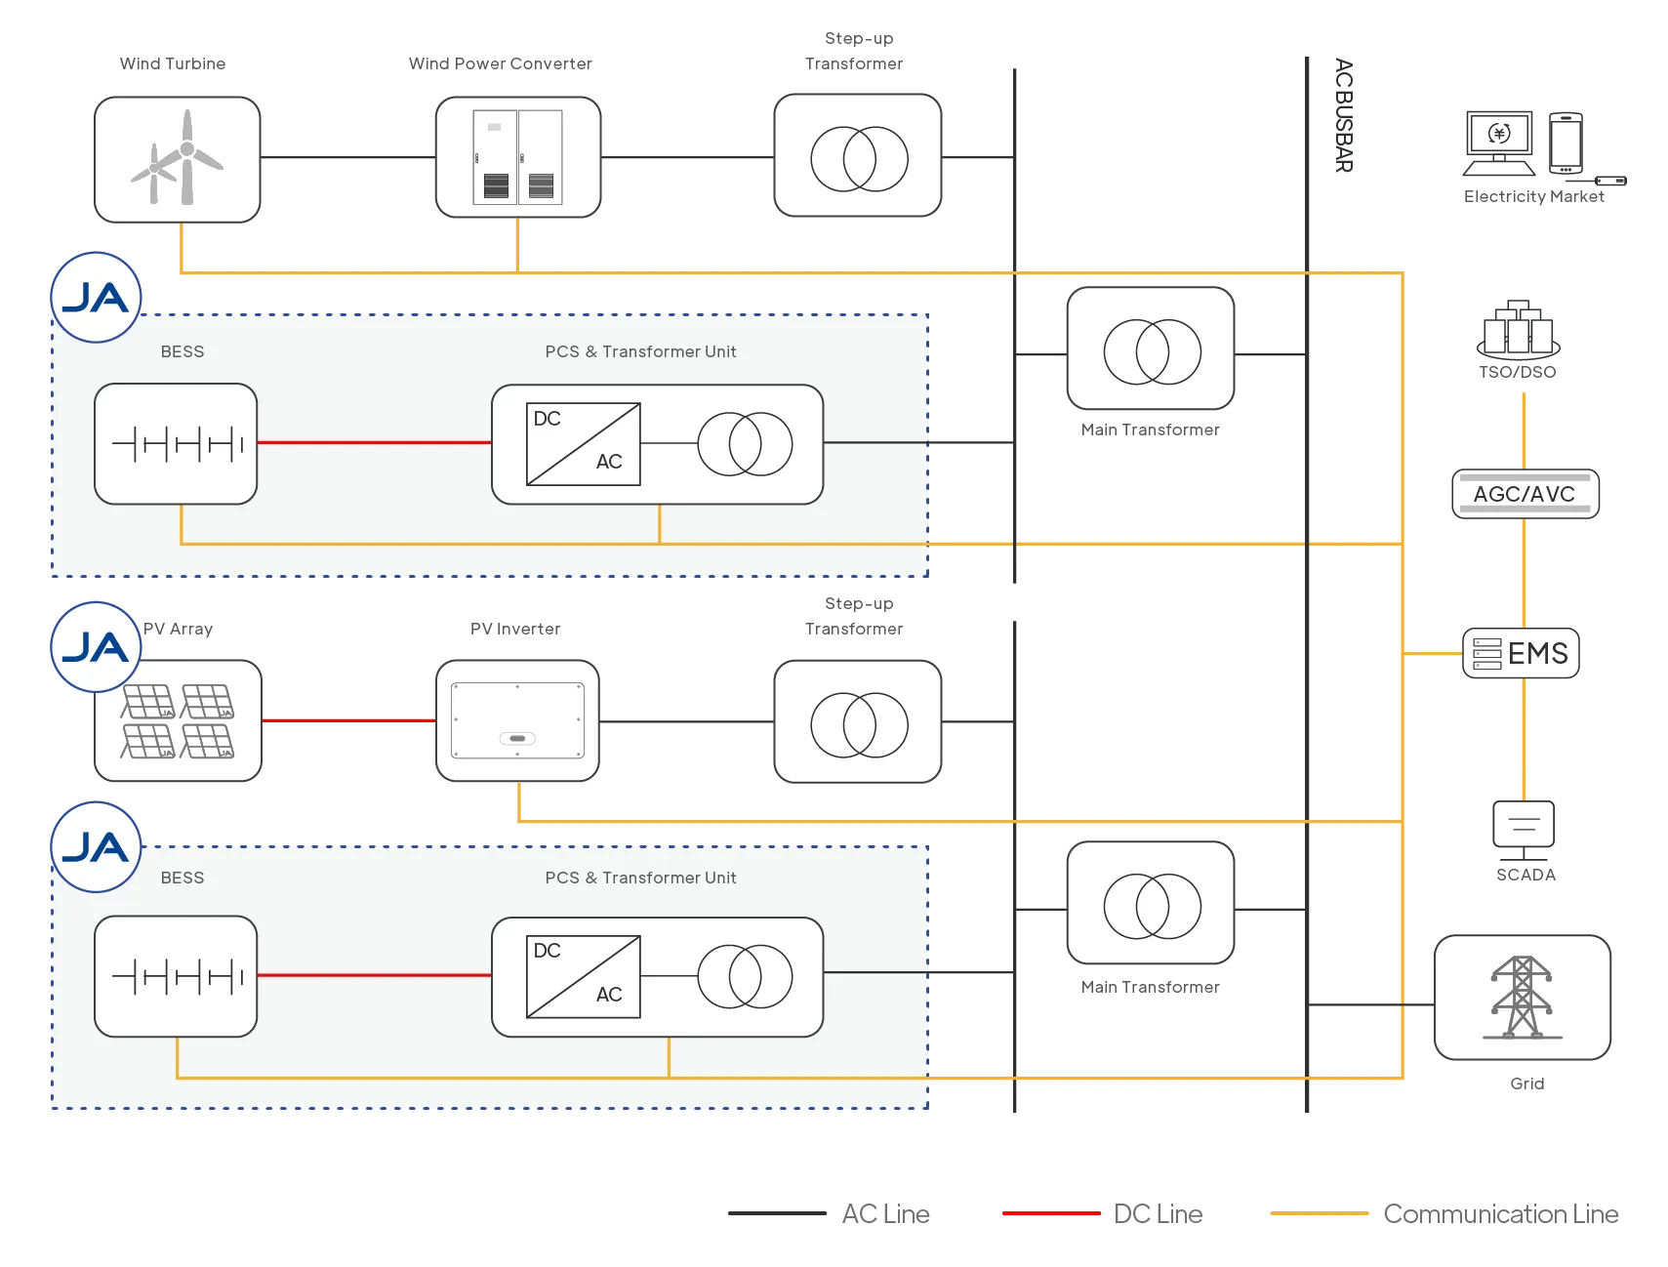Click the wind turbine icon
(178, 159)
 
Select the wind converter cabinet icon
(517, 157)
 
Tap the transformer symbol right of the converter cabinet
(859, 158)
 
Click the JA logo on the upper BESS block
(96, 298)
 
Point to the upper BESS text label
(183, 351)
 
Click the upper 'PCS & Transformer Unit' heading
(640, 351)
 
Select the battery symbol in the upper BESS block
(177, 444)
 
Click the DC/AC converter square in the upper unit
(583, 444)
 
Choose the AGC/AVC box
(1525, 494)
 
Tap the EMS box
(1522, 652)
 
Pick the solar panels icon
(179, 721)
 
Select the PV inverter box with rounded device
(517, 721)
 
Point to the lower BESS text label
(183, 878)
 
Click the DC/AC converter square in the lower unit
(583, 976)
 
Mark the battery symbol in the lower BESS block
(177, 976)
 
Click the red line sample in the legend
(1051, 1213)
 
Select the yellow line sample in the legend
(1319, 1213)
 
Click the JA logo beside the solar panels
(96, 647)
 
